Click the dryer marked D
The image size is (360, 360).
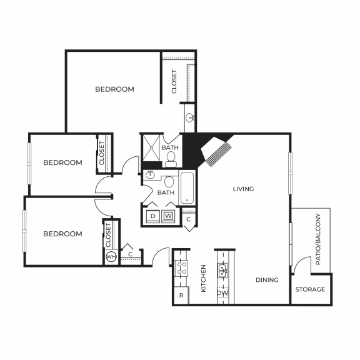[x=152, y=216]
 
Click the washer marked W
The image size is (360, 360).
[x=168, y=216]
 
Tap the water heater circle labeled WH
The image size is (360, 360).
[x=111, y=257]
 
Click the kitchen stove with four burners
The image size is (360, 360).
[x=182, y=269]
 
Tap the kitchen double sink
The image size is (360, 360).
[x=222, y=270]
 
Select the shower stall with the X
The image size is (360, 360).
[x=151, y=148]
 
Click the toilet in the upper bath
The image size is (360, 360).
[x=171, y=158]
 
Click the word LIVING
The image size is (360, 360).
[x=243, y=189]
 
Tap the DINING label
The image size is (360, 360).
[x=267, y=280]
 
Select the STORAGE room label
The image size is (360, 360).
[x=310, y=289]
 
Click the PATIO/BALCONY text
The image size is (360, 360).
[x=317, y=239]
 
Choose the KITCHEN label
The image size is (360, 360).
[x=203, y=278]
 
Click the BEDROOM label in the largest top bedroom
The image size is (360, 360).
[x=114, y=89]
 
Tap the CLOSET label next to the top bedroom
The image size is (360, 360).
[x=174, y=81]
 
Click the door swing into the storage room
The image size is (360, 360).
[x=301, y=264]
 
